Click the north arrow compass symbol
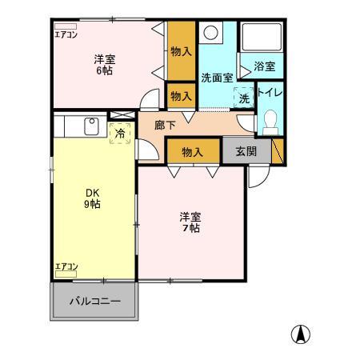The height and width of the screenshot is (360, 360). point(299,334)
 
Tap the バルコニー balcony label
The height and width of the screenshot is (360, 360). point(94,302)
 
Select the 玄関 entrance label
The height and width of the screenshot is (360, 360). point(246,150)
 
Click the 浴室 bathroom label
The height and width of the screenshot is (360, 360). point(265,68)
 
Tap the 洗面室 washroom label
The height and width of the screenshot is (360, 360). point(217,78)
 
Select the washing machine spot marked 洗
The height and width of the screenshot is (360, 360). point(242,98)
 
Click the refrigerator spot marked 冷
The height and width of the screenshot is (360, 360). point(119,134)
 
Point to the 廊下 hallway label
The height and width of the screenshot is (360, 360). point(165,126)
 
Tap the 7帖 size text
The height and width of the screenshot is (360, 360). point(190,228)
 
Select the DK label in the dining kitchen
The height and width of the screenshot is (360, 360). point(94,192)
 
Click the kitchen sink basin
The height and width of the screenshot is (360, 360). point(90,126)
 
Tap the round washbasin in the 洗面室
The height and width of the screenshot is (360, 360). point(211,34)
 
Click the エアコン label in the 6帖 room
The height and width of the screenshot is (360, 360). point(66,34)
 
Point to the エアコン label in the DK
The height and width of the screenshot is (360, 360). point(66,266)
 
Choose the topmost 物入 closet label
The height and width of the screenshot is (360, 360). point(181,50)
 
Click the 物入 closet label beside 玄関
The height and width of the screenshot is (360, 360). point(192,150)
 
